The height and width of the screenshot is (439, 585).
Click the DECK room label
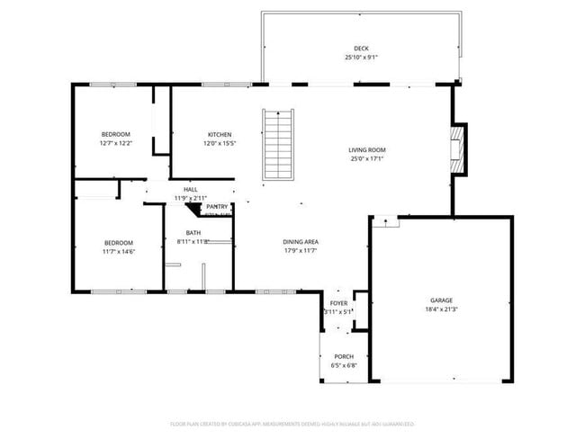click(361, 49)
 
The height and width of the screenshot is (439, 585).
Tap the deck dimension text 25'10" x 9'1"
click(361, 58)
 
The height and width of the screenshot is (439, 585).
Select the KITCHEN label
click(220, 135)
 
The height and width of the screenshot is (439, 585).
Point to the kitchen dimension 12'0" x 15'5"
click(220, 144)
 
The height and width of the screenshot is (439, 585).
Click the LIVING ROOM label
click(367, 150)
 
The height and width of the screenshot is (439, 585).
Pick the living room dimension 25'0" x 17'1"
click(367, 159)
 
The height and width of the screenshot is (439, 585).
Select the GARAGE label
click(441, 300)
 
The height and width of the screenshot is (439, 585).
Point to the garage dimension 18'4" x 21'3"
click(441, 309)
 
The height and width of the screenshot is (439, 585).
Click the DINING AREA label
click(301, 241)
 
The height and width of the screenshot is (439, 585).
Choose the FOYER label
click(338, 304)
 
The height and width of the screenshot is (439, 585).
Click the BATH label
click(193, 232)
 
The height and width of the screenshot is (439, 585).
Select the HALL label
click(191, 190)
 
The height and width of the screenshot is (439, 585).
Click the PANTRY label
click(217, 207)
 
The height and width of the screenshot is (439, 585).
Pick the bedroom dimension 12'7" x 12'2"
click(115, 144)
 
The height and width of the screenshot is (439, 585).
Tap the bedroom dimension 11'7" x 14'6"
click(118, 252)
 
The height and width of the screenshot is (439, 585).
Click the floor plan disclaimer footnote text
click(292, 423)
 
